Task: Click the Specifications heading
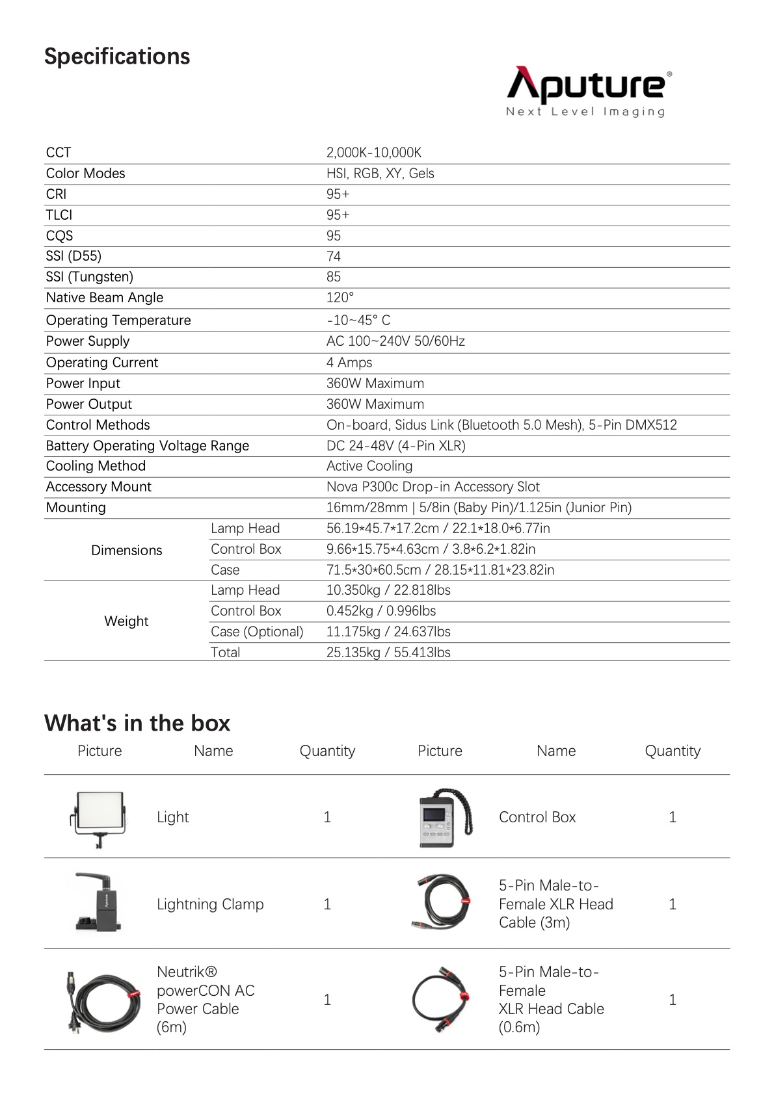[x=117, y=57]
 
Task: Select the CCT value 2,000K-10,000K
[x=373, y=153]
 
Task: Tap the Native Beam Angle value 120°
[x=340, y=298]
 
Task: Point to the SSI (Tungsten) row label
[x=89, y=277]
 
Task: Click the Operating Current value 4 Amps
[x=349, y=363]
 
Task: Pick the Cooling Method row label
[x=96, y=466]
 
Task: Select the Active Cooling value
[x=369, y=466]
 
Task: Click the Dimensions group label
[x=126, y=550]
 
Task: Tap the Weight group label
[x=126, y=621]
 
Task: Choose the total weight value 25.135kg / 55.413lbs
[x=388, y=653]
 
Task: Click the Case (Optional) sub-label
[x=257, y=632]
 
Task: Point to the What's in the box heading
[x=137, y=723]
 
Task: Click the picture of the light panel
[x=99, y=818]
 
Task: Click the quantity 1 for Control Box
[x=672, y=818]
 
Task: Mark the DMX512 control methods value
[x=501, y=425]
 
